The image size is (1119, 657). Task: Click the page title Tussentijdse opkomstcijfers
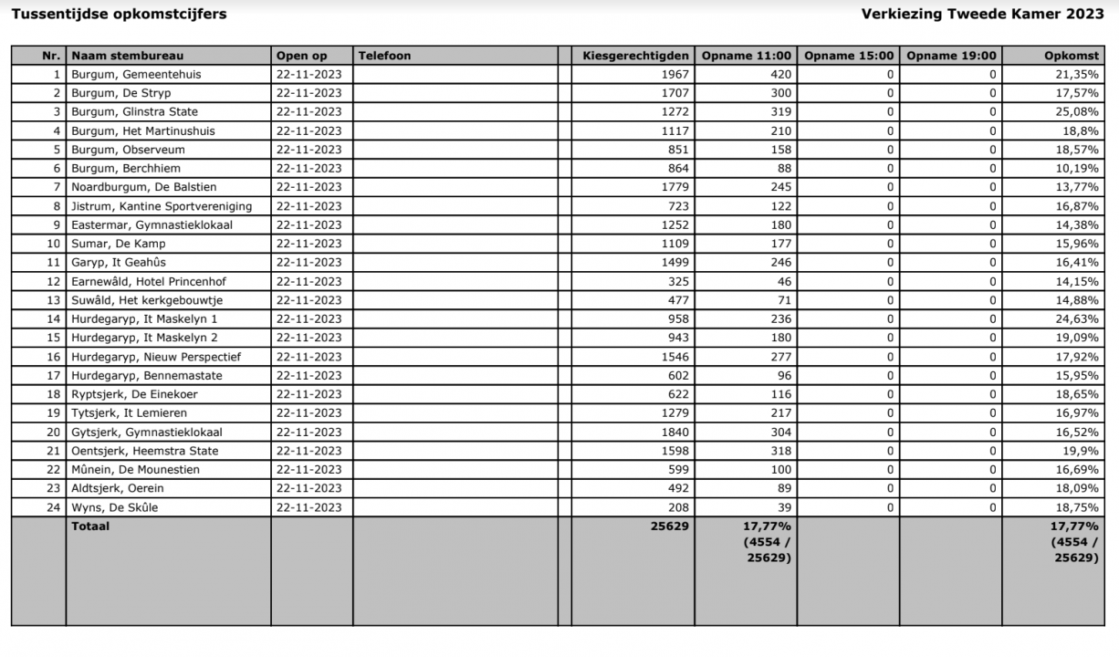pyautogui.click(x=119, y=14)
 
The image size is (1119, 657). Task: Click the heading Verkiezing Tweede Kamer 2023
pyautogui.click(x=982, y=14)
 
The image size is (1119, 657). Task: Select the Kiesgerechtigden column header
pyautogui.click(x=635, y=56)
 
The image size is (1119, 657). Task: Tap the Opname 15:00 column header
pyautogui.click(x=848, y=56)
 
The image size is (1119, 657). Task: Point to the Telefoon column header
pyautogui.click(x=384, y=56)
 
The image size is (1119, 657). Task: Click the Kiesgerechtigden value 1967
pyautogui.click(x=675, y=75)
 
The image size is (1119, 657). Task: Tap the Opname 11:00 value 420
pyautogui.click(x=778, y=75)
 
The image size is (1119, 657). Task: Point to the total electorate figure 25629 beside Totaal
pyautogui.click(x=670, y=527)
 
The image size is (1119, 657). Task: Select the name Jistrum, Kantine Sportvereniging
pyautogui.click(x=162, y=206)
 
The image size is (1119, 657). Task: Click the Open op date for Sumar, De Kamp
pyautogui.click(x=309, y=244)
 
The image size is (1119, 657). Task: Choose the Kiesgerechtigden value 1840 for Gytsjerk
pyautogui.click(x=675, y=433)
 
